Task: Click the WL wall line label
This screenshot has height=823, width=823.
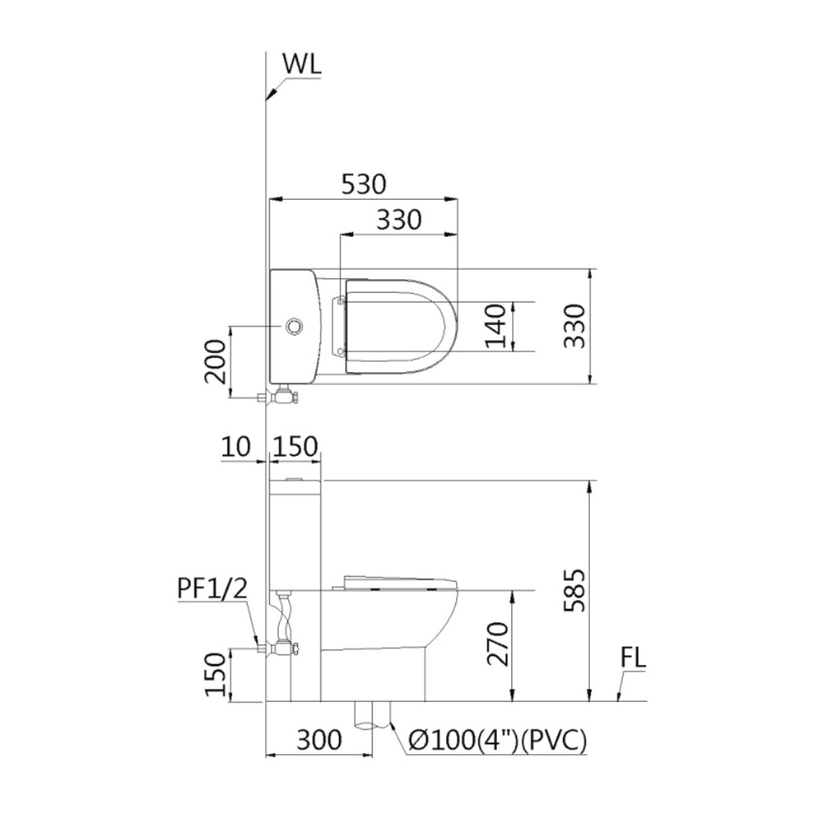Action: click(302, 63)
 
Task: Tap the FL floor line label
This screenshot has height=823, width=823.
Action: click(634, 658)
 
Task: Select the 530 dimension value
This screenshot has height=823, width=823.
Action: click(364, 184)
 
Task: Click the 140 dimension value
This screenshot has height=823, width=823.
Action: click(496, 326)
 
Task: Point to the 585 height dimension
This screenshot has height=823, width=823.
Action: click(574, 589)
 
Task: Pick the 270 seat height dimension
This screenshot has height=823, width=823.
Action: click(498, 644)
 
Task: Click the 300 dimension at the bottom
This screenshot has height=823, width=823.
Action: click(319, 740)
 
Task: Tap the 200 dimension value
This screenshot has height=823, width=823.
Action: click(215, 361)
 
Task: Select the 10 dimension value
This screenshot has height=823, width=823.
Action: click(236, 447)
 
